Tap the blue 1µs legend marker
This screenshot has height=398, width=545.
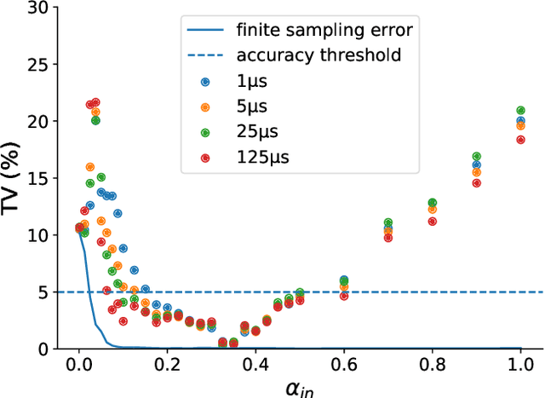[205, 82]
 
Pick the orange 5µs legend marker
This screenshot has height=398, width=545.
[205, 107]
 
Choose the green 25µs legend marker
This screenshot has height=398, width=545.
[205, 133]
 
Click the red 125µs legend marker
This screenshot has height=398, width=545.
[205, 159]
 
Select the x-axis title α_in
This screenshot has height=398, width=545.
[300, 389]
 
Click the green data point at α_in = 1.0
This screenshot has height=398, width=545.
[520, 111]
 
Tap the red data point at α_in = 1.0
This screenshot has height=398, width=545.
[520, 140]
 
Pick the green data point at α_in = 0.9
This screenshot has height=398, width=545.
[477, 157]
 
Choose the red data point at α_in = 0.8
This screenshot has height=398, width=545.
[433, 222]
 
